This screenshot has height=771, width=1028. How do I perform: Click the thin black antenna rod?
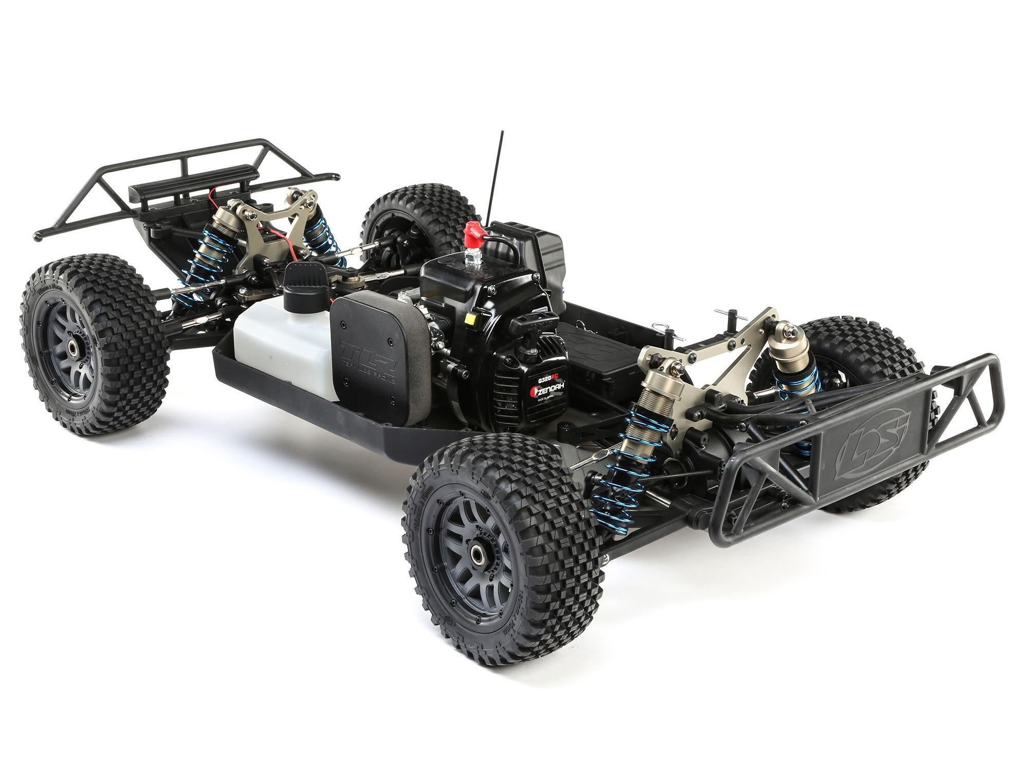click(x=497, y=175)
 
